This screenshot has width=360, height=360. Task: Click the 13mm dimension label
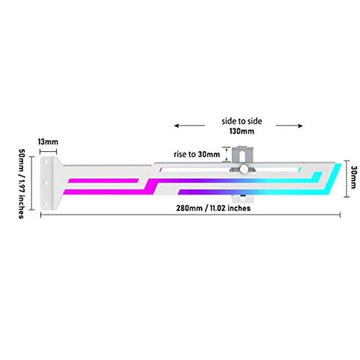(x=48, y=142)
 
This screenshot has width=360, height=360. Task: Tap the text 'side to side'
(x=241, y=121)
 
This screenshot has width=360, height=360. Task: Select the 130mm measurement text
(x=242, y=131)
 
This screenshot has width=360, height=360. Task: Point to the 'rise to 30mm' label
(x=197, y=154)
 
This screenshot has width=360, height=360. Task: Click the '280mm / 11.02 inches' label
(x=213, y=208)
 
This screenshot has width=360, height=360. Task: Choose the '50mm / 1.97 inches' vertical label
(x=21, y=184)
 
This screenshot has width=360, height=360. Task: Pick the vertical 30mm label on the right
(x=354, y=177)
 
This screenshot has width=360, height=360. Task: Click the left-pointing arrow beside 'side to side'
(x=190, y=125)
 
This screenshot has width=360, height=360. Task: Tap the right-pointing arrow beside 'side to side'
(x=289, y=125)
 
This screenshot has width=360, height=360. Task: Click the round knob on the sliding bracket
(x=244, y=169)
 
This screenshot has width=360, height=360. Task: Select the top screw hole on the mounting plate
(x=46, y=162)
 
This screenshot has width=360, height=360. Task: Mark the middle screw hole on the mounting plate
(x=46, y=183)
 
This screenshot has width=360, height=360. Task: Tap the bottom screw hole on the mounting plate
(x=46, y=204)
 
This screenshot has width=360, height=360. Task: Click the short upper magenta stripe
(x=103, y=181)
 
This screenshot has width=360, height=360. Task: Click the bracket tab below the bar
(x=242, y=199)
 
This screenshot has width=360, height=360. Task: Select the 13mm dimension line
(x=48, y=151)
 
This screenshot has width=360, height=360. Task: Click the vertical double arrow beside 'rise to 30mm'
(x=227, y=155)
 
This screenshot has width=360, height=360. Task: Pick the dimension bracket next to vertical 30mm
(x=346, y=179)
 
